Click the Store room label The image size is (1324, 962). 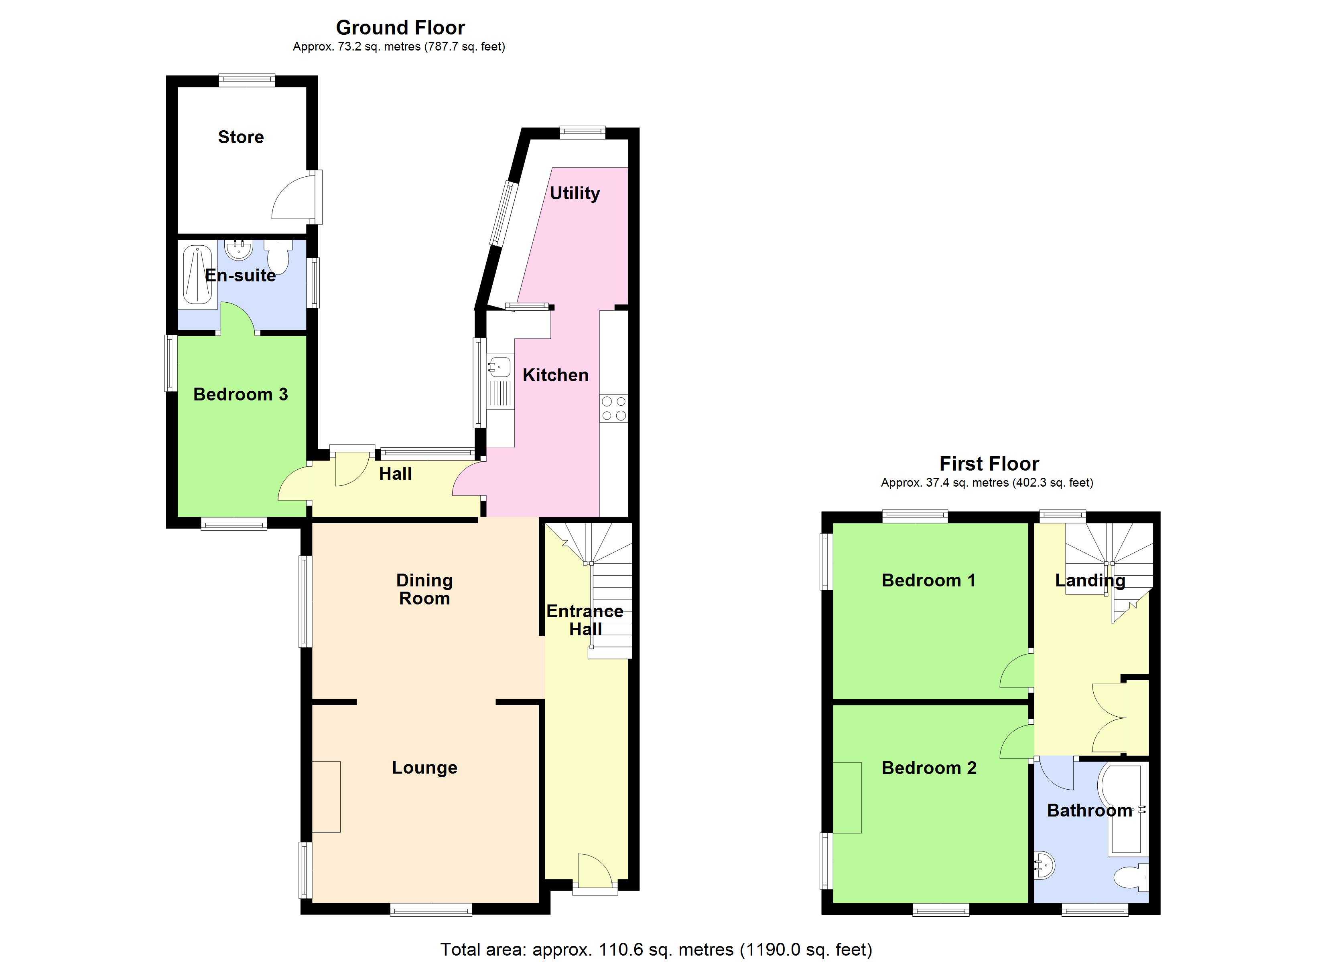[x=240, y=137]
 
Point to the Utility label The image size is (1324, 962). [x=575, y=193]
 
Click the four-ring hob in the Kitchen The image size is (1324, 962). [x=613, y=408]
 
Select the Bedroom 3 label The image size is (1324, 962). [x=240, y=394]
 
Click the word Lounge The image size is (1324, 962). [x=424, y=768]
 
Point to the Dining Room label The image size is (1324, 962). [x=424, y=589]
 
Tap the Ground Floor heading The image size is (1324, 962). [x=400, y=27]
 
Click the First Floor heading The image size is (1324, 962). [x=989, y=464]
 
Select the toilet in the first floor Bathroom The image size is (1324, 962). [x=1131, y=879]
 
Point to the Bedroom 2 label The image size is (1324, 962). [x=929, y=768]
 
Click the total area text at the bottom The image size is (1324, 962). [x=656, y=949]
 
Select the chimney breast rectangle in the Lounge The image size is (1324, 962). [x=326, y=796]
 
